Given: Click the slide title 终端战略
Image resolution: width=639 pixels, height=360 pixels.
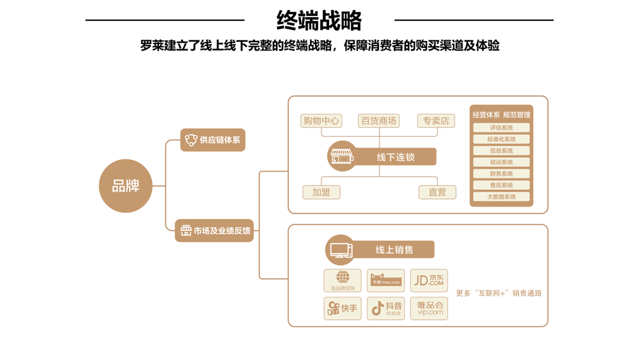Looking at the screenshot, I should (x=319, y=20).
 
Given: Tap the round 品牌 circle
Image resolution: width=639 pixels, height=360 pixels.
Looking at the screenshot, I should (x=126, y=186).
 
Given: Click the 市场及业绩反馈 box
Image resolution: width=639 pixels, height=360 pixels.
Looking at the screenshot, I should (x=214, y=230).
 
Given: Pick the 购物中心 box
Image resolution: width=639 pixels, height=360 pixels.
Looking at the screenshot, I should (x=321, y=121).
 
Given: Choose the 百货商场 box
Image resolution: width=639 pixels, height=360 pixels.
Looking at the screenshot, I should (x=378, y=121).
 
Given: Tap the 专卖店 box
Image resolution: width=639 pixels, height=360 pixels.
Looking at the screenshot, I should (x=436, y=121).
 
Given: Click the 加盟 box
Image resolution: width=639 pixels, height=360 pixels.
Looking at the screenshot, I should (x=321, y=192).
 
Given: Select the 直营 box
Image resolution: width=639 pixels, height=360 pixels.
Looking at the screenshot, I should (x=437, y=192).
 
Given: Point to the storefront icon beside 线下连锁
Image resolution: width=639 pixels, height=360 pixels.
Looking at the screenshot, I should (x=342, y=156).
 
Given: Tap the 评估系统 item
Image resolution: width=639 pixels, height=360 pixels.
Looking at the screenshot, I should (x=502, y=128).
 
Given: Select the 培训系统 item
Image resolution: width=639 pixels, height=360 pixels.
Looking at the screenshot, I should (x=502, y=162).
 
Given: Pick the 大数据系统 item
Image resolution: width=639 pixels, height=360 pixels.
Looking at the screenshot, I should (x=502, y=197).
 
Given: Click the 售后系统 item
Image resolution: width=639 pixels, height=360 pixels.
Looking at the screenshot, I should (x=502, y=185).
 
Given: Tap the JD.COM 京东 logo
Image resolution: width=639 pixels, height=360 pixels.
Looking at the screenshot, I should (x=429, y=281).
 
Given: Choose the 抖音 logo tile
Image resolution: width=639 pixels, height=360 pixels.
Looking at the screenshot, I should (x=386, y=309).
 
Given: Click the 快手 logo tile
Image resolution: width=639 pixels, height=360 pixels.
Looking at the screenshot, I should (x=343, y=309).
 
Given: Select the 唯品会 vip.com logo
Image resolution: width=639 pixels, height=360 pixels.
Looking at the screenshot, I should (x=429, y=309).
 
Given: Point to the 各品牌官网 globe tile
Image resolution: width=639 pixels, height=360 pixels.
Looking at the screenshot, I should (x=343, y=281).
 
